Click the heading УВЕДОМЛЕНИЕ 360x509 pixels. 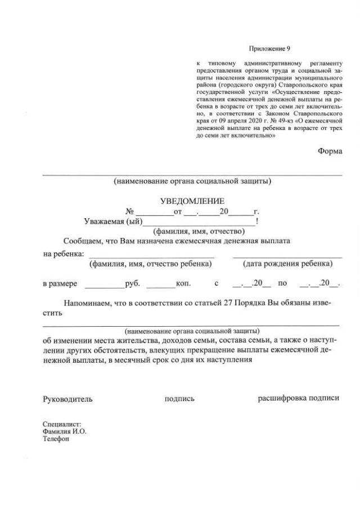[192, 201]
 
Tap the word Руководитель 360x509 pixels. [67, 399]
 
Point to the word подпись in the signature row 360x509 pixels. [179, 399]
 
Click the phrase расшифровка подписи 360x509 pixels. [298, 399]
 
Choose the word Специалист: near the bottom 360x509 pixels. [62, 424]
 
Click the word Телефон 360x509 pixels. [56, 439]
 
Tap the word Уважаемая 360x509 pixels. [103, 221]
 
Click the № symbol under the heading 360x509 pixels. [130, 211]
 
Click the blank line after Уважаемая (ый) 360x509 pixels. [199, 223]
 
